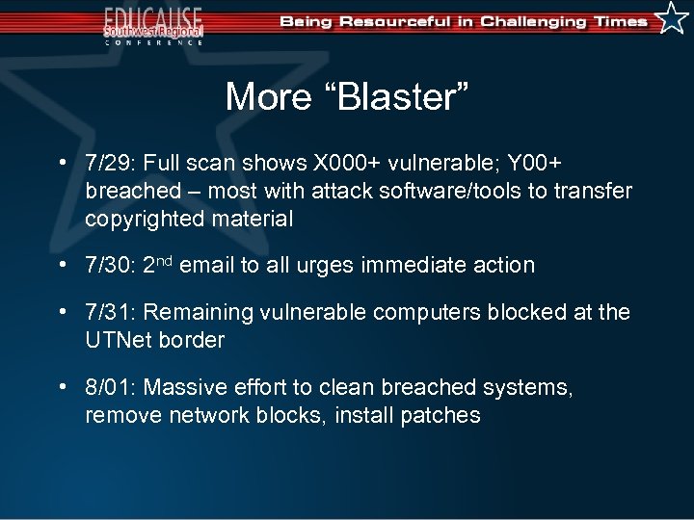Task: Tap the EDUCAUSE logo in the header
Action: point(154,23)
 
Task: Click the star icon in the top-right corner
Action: point(672,18)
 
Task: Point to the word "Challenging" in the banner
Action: point(520,21)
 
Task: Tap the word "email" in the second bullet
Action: point(206,265)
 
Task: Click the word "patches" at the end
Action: point(442,415)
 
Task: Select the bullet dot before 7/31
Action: point(63,311)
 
